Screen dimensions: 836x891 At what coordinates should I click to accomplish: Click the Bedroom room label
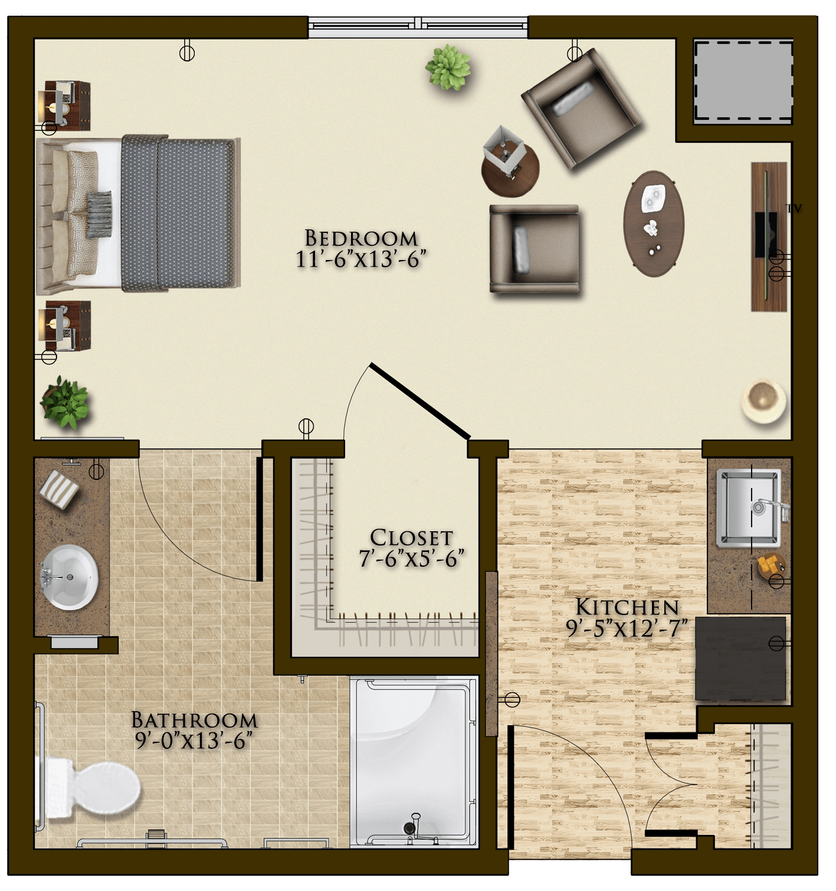click(x=361, y=238)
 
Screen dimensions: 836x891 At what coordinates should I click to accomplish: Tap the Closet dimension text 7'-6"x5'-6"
click(x=411, y=559)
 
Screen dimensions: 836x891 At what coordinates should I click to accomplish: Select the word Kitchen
click(x=627, y=607)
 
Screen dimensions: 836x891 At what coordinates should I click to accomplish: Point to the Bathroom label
click(x=195, y=720)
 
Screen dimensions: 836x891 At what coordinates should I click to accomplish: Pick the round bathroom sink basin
click(x=70, y=577)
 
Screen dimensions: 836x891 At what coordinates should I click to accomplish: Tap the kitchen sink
click(x=749, y=508)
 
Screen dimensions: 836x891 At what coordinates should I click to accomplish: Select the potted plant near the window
click(x=448, y=67)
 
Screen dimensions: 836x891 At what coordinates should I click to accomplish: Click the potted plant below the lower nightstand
click(x=66, y=403)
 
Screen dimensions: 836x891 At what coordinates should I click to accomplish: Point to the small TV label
click(x=794, y=208)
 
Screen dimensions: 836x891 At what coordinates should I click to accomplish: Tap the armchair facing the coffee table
click(x=535, y=249)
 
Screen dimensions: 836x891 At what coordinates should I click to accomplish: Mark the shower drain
click(x=409, y=826)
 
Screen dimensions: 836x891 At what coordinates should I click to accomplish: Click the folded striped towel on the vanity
click(x=60, y=489)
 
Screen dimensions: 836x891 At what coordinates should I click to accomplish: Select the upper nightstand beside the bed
click(x=68, y=106)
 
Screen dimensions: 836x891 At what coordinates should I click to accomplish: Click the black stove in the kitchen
click(x=740, y=658)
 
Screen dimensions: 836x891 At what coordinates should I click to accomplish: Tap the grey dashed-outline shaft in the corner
click(x=743, y=82)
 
